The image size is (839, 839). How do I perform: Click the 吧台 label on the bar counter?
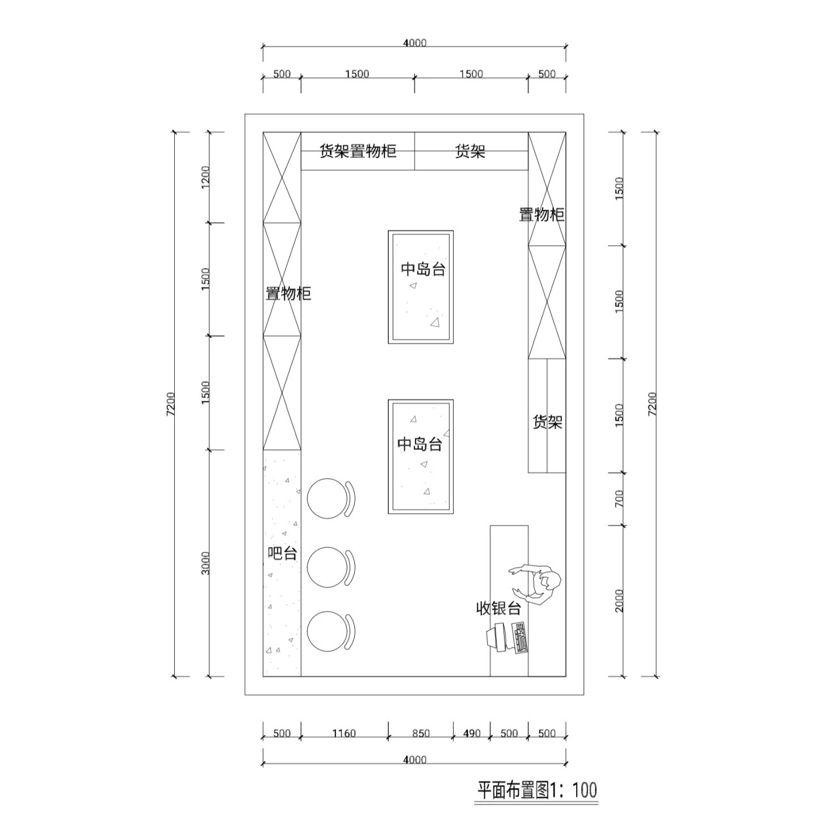click(x=282, y=553)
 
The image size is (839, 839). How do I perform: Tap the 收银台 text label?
click(x=498, y=609)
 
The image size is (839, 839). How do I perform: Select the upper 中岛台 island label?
click(x=423, y=269)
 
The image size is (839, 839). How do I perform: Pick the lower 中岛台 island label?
click(x=419, y=444)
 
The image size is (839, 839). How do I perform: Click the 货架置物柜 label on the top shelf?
click(x=358, y=151)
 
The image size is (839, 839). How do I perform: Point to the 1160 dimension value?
click(x=344, y=733)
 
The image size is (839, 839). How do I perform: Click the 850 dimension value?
click(x=421, y=733)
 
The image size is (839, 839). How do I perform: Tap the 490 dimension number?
click(x=472, y=733)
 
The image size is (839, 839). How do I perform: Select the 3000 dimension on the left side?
click(x=205, y=563)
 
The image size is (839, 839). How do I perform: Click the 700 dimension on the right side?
click(x=619, y=499)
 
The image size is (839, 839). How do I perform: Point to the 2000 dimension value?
click(x=619, y=601)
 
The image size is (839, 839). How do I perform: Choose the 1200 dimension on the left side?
click(x=205, y=177)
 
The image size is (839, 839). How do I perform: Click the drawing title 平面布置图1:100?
click(x=537, y=790)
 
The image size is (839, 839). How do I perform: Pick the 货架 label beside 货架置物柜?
click(x=471, y=151)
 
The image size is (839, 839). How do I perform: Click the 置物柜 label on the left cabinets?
click(x=288, y=293)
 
